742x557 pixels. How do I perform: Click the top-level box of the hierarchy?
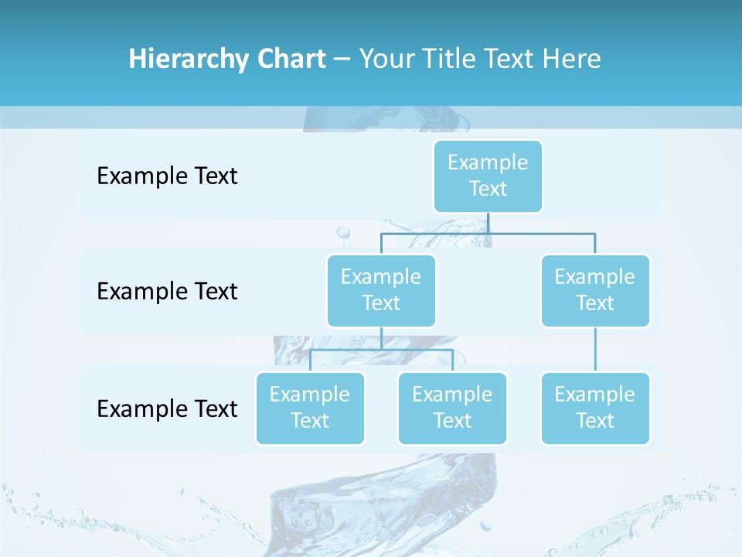488,176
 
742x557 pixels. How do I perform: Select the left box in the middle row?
381,290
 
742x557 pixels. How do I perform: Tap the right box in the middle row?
595,290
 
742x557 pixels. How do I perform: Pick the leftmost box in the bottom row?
310,408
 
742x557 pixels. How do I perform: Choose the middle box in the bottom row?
452,408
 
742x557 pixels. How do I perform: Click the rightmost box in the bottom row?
595,408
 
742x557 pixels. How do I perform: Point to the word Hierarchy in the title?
189,59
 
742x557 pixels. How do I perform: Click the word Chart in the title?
291,59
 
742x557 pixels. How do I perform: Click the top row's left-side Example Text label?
167,176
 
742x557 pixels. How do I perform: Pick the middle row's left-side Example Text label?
167,292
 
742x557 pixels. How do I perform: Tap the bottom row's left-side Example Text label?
167,408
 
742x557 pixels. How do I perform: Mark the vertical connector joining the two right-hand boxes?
595,350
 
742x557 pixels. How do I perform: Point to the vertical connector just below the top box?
488,223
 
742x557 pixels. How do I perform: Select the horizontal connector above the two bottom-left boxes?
381,349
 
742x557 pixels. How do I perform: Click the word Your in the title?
386,59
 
